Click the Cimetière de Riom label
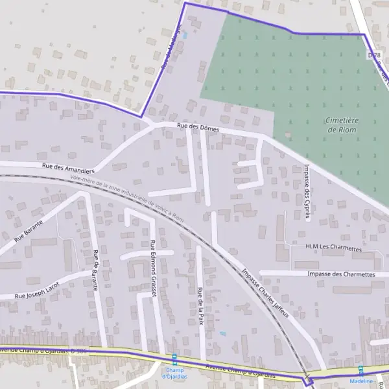(343, 124)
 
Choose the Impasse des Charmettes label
(342, 274)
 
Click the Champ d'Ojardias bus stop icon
(174, 357)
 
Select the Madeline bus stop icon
(361, 370)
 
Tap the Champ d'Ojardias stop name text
(174, 373)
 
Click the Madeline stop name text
(361, 381)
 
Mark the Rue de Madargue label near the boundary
(170, 49)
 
